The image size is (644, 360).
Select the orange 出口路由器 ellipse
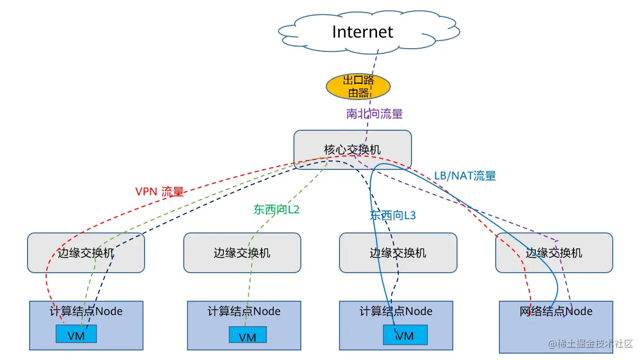tap(358, 86)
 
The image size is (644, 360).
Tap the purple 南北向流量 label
tap(374, 114)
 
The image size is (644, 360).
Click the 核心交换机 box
tap(353, 150)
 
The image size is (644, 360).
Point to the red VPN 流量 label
tap(159, 192)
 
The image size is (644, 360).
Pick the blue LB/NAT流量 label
tap(464, 176)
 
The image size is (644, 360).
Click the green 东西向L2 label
tap(276, 210)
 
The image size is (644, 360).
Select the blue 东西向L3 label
tap(392, 215)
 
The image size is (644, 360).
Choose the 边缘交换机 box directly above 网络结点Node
tap(554, 253)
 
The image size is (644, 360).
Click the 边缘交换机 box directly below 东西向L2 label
tap(242, 253)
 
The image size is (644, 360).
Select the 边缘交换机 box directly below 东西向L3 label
tap(398, 253)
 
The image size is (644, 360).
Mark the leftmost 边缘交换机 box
tap(86, 253)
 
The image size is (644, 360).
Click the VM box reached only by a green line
tap(247, 336)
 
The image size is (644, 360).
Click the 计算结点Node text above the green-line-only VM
tap(244, 311)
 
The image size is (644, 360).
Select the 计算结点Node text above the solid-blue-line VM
tap(396, 311)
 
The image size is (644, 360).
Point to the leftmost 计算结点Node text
tap(86, 311)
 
